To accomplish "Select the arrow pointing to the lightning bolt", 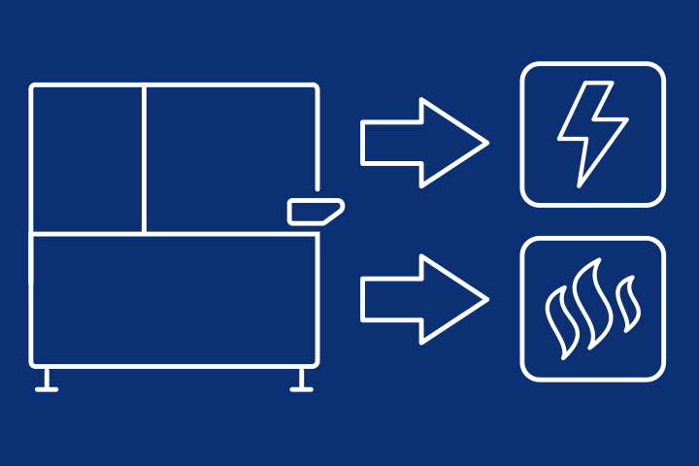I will (423, 143).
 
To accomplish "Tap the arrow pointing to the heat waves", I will (423, 299).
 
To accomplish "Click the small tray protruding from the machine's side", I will (316, 209).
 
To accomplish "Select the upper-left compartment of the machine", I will (87, 158).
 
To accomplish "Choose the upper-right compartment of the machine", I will (231, 158).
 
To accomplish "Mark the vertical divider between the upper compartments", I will (144, 158).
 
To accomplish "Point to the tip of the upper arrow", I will (484, 143).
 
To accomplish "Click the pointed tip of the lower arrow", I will (484, 299).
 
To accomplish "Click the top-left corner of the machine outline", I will (33, 87).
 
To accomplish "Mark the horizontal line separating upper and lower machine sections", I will (175, 233).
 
